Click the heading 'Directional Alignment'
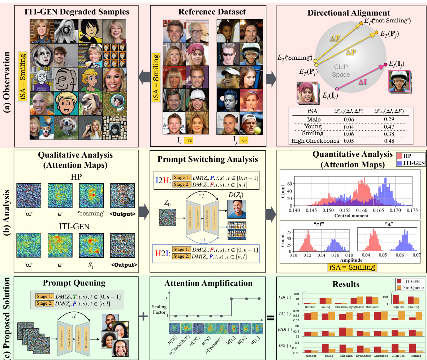351,12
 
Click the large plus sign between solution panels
143,316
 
